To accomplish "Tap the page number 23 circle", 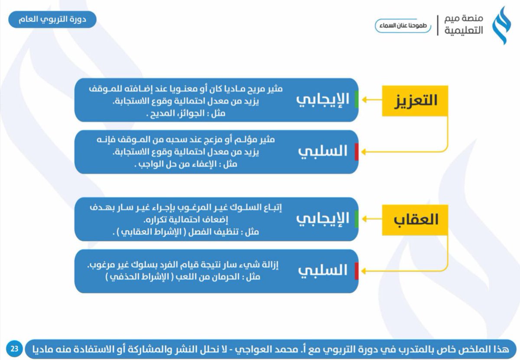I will pyautogui.click(x=14, y=348).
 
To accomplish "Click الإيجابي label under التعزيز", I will pyautogui.click(x=322, y=100).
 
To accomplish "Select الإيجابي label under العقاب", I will pyautogui.click(x=322, y=218).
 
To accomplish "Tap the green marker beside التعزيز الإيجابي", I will pyautogui.click(x=356, y=100).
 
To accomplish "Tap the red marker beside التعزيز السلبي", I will pyautogui.click(x=356, y=151).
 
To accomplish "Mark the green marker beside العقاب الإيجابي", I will pyautogui.click(x=356, y=218).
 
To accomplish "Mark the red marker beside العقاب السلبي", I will pyautogui.click(x=356, y=271).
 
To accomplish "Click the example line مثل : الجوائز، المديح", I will pyautogui.click(x=188, y=115).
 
